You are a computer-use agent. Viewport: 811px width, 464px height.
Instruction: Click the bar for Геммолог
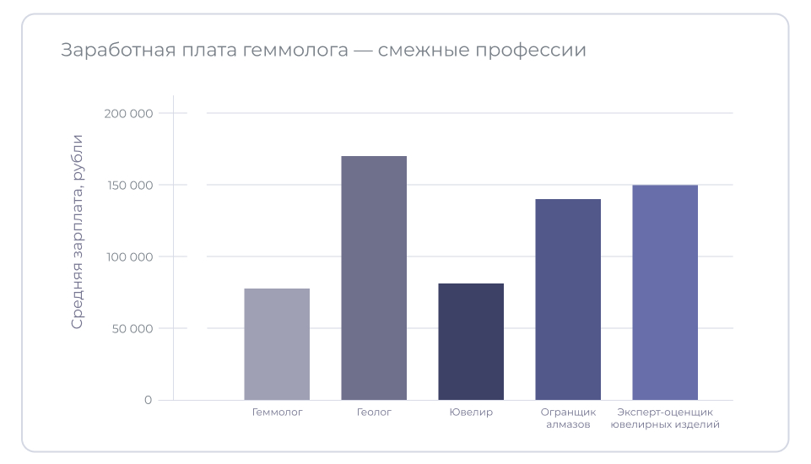(x=277, y=344)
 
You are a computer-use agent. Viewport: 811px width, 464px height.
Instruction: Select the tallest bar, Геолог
(x=374, y=278)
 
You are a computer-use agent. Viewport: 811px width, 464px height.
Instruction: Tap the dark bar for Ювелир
(x=471, y=342)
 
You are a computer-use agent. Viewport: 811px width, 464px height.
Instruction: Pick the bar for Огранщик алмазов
(x=568, y=299)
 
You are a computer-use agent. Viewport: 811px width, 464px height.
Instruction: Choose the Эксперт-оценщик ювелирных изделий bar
(x=665, y=292)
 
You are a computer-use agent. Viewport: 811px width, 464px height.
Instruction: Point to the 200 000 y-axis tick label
(x=127, y=113)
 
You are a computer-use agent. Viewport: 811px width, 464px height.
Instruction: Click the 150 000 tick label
(x=127, y=185)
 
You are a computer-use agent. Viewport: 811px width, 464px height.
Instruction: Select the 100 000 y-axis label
(x=127, y=256)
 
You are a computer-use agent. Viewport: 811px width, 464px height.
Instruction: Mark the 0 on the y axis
(x=148, y=400)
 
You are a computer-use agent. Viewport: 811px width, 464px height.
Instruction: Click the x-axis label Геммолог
(x=277, y=413)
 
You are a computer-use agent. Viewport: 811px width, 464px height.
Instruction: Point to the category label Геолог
(x=374, y=413)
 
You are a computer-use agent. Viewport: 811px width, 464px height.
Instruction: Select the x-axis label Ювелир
(x=471, y=413)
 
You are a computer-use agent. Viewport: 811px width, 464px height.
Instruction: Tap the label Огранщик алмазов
(x=568, y=418)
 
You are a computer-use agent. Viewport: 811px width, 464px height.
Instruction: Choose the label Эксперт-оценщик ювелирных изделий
(x=665, y=418)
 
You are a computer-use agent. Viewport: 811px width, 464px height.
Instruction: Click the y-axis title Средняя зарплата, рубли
(x=78, y=231)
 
